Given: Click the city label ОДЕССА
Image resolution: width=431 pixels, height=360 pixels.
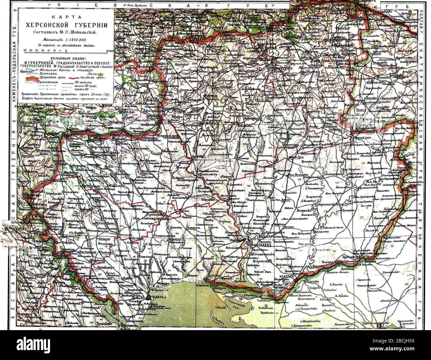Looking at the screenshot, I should tap(158, 297).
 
